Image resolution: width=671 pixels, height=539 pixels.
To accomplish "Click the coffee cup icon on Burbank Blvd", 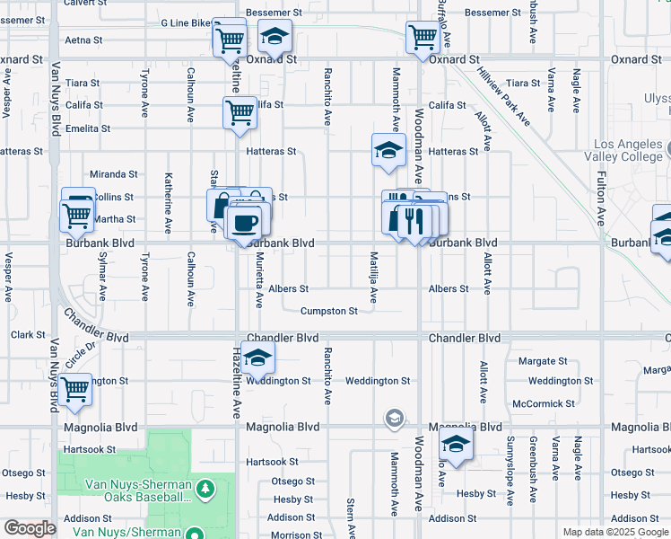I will [246, 220].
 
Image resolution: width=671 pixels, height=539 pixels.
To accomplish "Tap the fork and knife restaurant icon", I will [414, 220].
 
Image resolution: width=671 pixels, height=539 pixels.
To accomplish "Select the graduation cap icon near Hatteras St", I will [389, 150].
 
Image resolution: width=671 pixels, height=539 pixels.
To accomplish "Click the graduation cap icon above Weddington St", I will [257, 358].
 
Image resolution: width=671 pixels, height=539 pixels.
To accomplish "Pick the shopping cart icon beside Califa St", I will [240, 113].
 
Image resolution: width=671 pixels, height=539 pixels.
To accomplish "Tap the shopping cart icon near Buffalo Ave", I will [423, 37].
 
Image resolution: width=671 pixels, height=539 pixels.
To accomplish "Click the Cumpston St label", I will [329, 312].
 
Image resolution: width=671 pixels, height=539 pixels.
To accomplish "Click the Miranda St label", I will [113, 174].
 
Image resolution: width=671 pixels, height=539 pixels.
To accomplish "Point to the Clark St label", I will [27, 335].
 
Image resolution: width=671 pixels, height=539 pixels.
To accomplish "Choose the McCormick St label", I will [543, 404].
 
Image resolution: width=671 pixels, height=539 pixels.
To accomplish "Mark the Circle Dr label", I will [80, 356].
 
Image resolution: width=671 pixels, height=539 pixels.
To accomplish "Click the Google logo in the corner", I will [29, 528].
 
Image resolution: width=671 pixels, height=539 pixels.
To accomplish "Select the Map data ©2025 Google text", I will [614, 532].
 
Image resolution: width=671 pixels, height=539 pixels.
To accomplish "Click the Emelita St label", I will [87, 128].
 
